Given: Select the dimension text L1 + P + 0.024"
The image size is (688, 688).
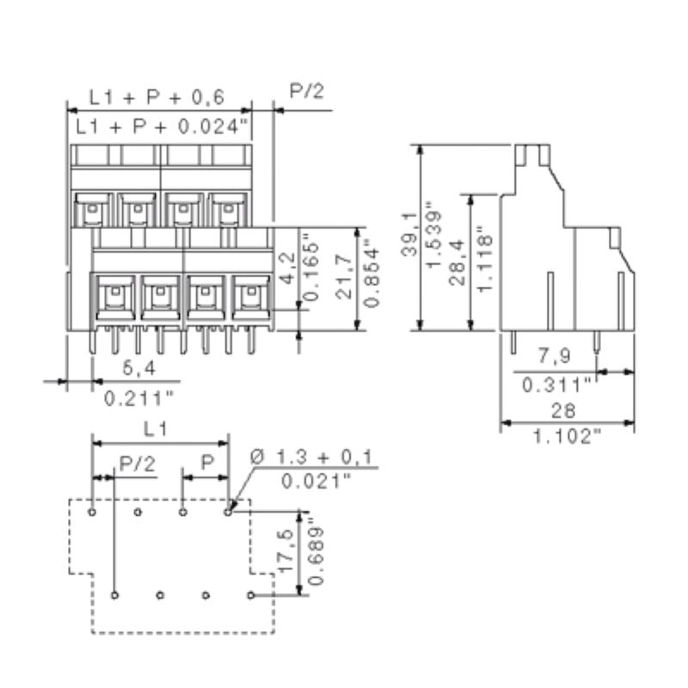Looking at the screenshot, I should [x=162, y=127].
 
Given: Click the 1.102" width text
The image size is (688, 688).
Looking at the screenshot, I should [x=567, y=437].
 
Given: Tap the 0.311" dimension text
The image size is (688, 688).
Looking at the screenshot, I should [x=558, y=383].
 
